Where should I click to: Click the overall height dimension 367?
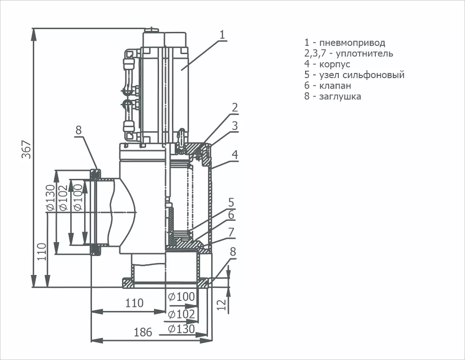27,149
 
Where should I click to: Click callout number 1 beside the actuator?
222,35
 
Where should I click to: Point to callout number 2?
235,108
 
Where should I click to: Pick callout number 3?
235,125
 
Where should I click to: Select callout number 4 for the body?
235,154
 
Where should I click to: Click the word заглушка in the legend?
340,96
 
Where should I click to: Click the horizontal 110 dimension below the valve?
135,303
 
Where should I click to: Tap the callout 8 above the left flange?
79,130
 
